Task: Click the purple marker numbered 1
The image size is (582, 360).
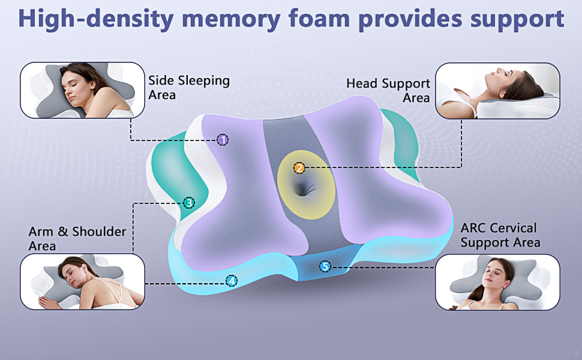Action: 223,140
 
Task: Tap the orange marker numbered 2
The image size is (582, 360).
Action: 299,168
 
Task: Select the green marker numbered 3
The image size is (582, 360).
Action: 188,203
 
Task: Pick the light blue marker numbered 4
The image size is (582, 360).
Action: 232,280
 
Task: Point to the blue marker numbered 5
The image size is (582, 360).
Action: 325,266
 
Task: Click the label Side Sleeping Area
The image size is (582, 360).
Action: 189,88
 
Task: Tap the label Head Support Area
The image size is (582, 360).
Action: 388,91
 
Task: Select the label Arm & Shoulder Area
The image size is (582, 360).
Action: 77,238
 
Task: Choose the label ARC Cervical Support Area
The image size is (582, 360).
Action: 500,235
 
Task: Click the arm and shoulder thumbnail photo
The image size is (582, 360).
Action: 83,281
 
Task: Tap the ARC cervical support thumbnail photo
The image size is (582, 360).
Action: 497,281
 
